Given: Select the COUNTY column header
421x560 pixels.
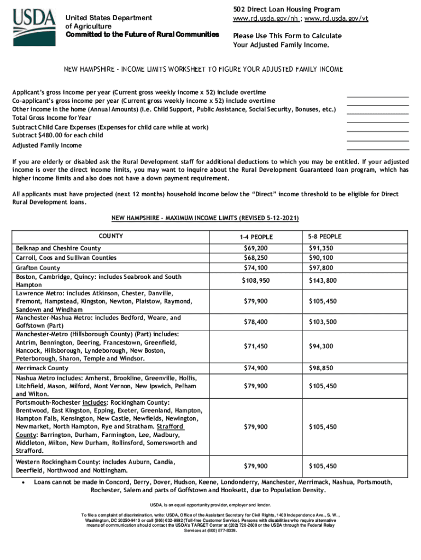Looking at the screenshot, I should point(110,236).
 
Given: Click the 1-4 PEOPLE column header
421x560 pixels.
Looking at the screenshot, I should point(255,237).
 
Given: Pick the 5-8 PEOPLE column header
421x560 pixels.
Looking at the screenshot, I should point(324,236).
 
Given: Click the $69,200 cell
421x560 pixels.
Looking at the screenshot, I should point(255,248).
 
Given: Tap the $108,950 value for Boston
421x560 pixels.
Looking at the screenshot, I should point(255,281).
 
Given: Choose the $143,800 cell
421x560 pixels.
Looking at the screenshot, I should point(323,281).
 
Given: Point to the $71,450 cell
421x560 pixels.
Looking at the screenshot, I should point(255,346).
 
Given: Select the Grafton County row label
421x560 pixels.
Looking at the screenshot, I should point(38,268).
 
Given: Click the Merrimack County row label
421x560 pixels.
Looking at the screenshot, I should point(42,368).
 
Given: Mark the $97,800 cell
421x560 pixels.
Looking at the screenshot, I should point(321,268).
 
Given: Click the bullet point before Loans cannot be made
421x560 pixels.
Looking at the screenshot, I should point(20,483).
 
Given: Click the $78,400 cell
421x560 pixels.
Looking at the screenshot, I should point(255,322).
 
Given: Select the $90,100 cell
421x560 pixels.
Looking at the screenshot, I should point(321,258).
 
